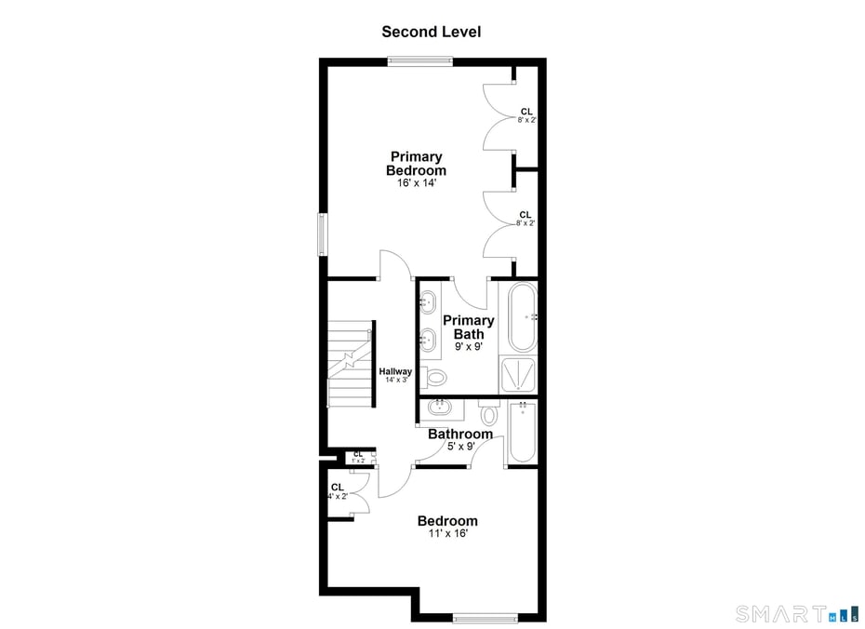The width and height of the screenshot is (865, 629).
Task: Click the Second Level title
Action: [x=432, y=32]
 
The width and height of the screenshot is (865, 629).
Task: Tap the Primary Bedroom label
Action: [x=417, y=164]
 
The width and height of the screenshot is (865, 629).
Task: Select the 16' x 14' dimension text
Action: [x=417, y=183]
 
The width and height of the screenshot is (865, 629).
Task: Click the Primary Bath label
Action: [x=469, y=328]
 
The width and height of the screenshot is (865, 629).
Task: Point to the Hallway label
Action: [x=395, y=371]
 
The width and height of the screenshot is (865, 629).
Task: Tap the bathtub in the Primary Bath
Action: [x=522, y=316]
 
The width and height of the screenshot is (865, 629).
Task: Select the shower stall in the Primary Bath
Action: [x=517, y=375]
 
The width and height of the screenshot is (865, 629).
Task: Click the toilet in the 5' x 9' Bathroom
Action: [x=489, y=411]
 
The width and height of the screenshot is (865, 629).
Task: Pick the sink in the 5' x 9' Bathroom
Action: [x=440, y=408]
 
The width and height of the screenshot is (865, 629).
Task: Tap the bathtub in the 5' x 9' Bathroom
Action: [x=522, y=433]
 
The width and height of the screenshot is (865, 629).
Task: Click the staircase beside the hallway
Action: [x=352, y=364]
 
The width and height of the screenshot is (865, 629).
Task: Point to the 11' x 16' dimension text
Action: [x=448, y=533]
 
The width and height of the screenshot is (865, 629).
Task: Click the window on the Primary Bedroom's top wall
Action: [x=419, y=61]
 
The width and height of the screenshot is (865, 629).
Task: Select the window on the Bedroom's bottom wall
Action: [x=485, y=618]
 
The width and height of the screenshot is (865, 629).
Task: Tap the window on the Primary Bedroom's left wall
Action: [x=323, y=234]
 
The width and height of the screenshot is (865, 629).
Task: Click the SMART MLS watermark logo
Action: [x=797, y=613]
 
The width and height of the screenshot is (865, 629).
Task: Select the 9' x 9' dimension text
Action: [x=469, y=346]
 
